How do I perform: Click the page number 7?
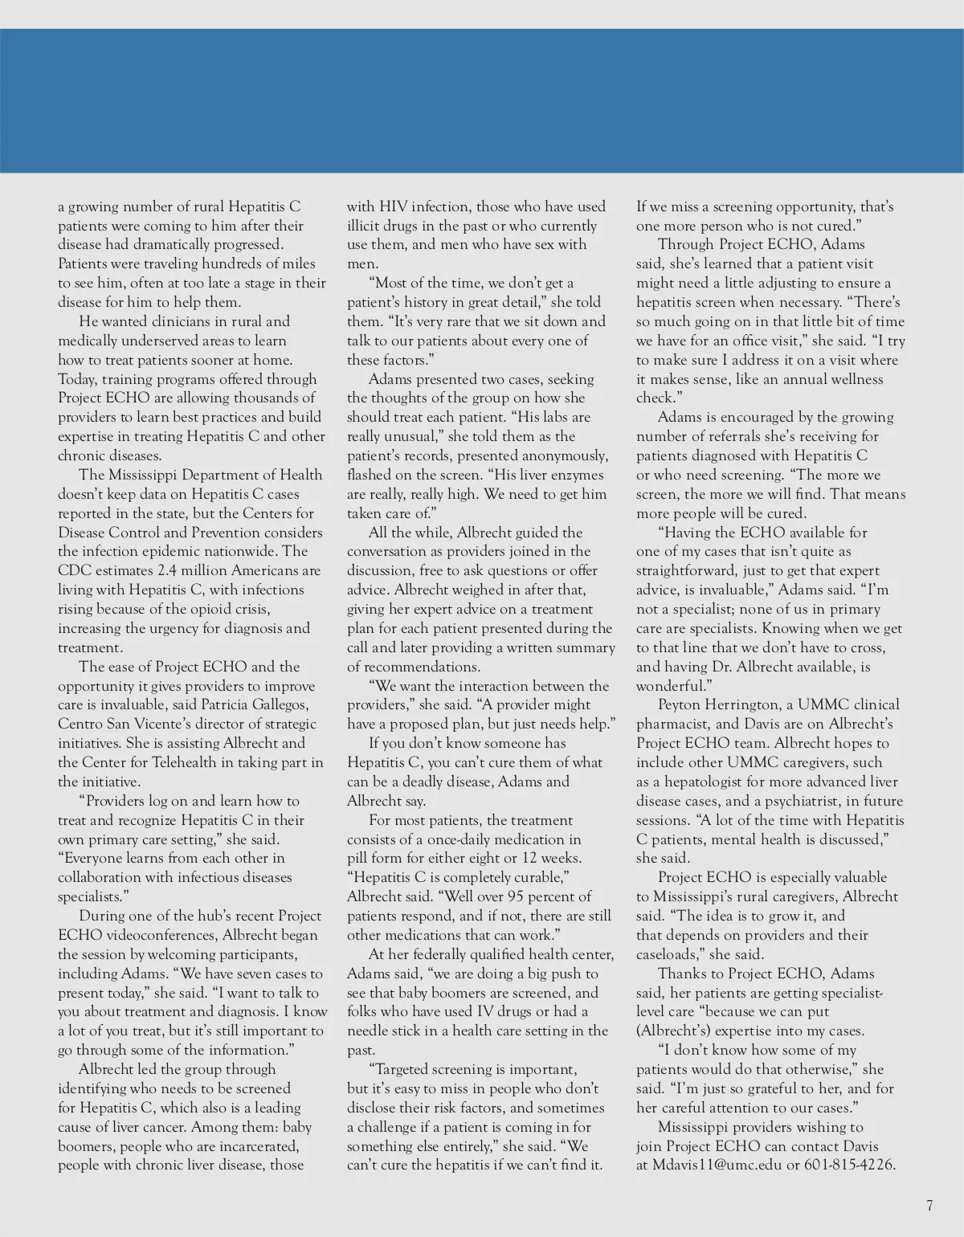[929, 1205]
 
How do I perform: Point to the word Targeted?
[406, 1069]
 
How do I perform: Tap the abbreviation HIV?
[393, 206]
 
